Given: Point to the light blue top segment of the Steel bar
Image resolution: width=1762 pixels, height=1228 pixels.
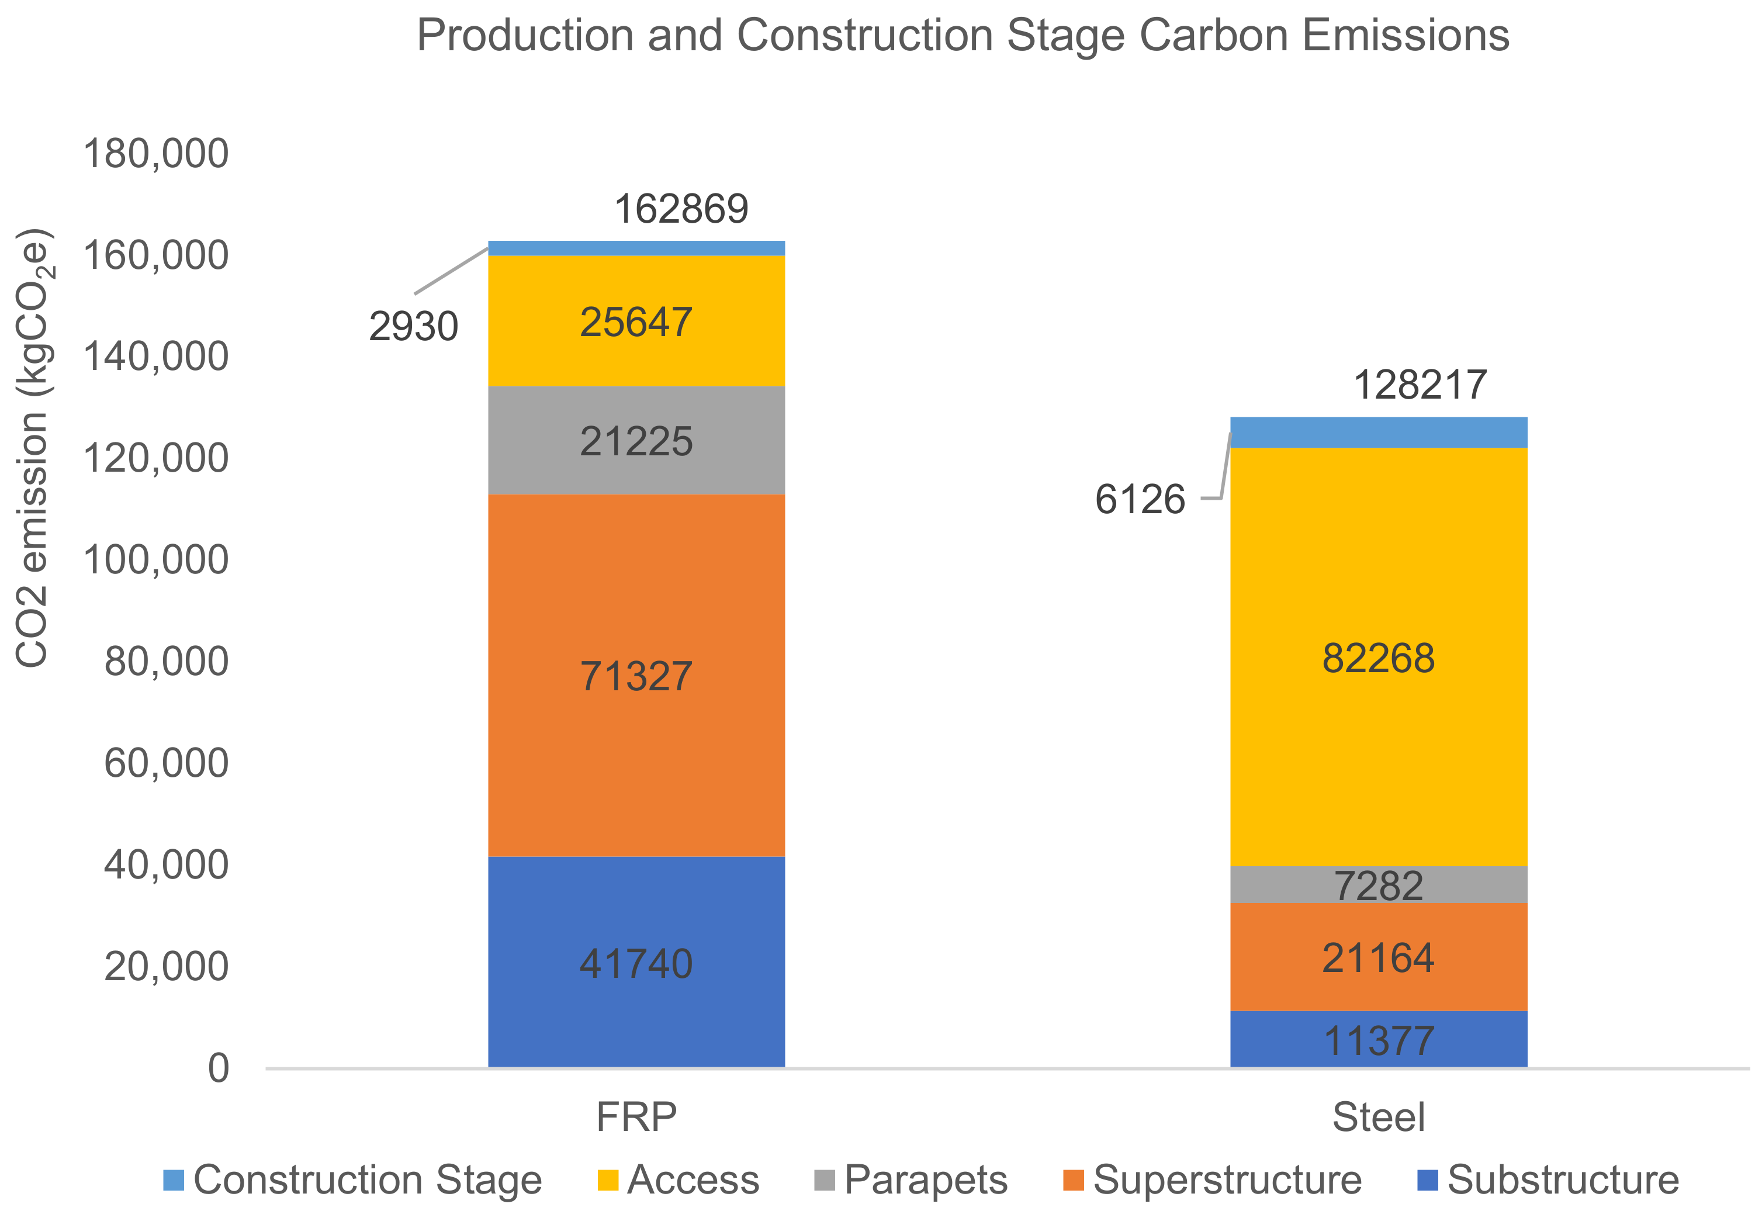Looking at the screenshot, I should pyautogui.click(x=1377, y=432).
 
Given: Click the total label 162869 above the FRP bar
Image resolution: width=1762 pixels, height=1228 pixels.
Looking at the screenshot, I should pyautogui.click(x=681, y=209).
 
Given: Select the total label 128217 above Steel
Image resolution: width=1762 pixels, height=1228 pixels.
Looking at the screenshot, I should pyautogui.click(x=1420, y=385).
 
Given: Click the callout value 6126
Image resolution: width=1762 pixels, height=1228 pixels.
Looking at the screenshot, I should pyautogui.click(x=1140, y=500).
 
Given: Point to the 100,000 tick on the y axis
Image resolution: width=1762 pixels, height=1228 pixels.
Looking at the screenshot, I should pyautogui.click(x=156, y=559).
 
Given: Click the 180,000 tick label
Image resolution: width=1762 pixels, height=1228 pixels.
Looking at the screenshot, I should pyautogui.click(x=156, y=154).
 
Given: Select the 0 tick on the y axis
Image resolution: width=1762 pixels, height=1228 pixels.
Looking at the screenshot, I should pyautogui.click(x=219, y=1068).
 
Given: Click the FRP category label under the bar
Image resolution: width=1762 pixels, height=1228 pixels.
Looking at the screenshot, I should pyautogui.click(x=636, y=1118).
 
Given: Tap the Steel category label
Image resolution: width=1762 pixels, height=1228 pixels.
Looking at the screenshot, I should pyautogui.click(x=1378, y=1118).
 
